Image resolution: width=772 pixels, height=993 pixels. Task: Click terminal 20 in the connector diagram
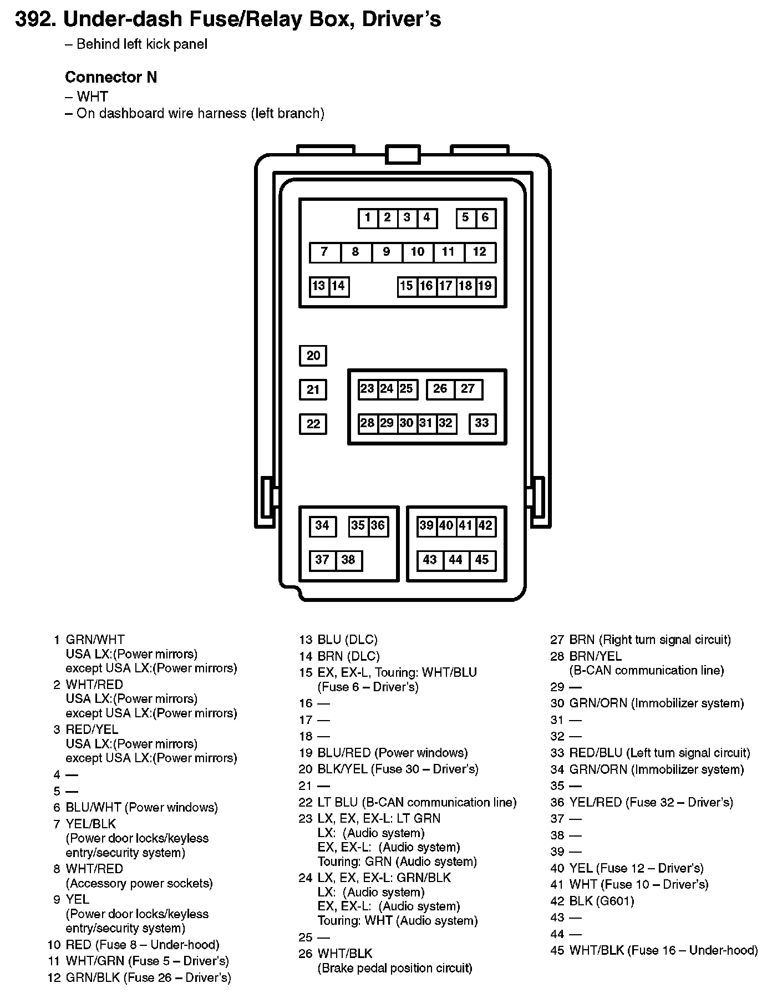(x=313, y=356)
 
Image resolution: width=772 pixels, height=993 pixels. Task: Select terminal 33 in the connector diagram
(x=481, y=423)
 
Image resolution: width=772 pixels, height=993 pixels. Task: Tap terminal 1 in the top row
(x=368, y=218)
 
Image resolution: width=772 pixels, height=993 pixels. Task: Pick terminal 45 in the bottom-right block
(x=481, y=560)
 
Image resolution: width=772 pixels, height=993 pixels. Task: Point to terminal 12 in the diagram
(x=479, y=252)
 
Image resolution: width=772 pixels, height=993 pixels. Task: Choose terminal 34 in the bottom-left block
(x=322, y=526)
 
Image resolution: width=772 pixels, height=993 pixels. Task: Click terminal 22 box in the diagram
(x=313, y=424)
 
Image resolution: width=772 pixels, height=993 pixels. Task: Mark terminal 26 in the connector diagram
(x=440, y=389)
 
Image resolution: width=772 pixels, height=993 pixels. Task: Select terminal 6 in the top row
(x=485, y=218)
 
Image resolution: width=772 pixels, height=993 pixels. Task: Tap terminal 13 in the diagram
(x=319, y=286)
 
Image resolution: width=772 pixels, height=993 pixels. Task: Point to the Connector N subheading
(x=111, y=77)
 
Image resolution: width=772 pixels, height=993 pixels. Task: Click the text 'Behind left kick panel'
(x=141, y=44)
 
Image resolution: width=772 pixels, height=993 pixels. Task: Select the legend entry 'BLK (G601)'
(x=601, y=901)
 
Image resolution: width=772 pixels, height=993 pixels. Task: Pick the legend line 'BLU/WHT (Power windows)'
(x=141, y=807)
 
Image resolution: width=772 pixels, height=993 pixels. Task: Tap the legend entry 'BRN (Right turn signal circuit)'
(x=649, y=640)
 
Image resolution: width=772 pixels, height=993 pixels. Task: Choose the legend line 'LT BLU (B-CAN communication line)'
(x=417, y=802)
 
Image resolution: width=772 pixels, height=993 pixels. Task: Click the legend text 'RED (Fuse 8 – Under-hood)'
(x=143, y=945)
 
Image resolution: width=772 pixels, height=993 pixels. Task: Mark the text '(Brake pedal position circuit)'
(x=394, y=968)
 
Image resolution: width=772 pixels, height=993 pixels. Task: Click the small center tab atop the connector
(x=402, y=154)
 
